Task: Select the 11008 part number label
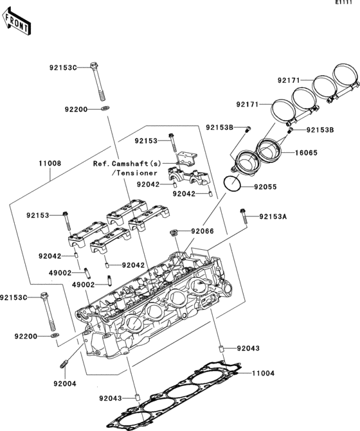click(x=50, y=164)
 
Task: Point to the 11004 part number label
click(x=263, y=373)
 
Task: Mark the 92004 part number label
click(x=66, y=383)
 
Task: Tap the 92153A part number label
click(x=273, y=217)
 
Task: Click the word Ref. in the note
click(x=102, y=164)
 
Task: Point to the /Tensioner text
click(x=133, y=173)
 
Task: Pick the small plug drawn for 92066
click(x=174, y=231)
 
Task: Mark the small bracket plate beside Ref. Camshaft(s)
click(x=187, y=156)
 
